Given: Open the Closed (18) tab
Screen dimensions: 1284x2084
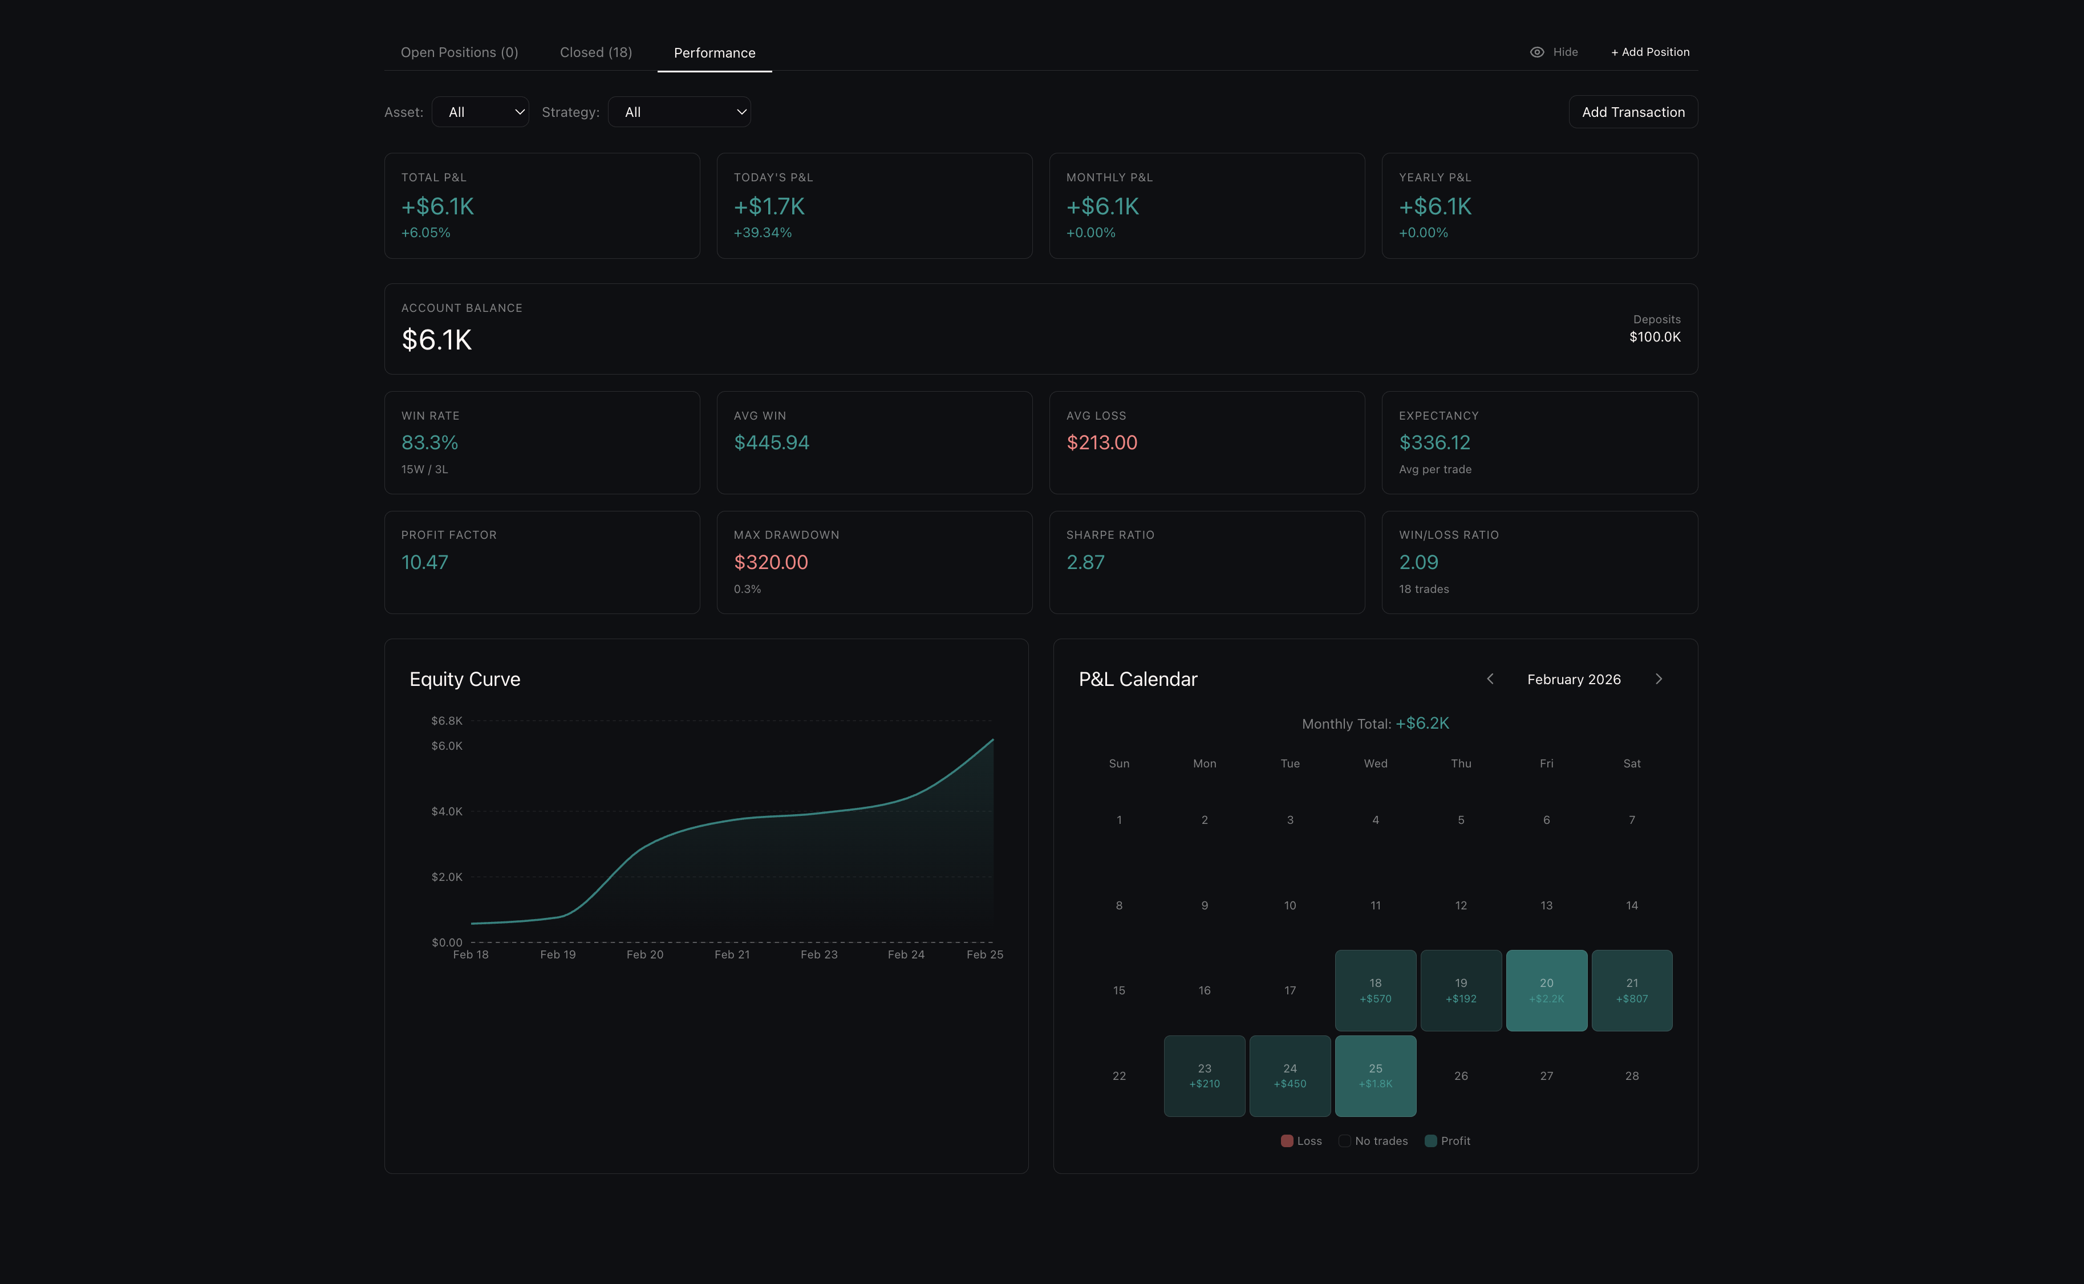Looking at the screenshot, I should pyautogui.click(x=595, y=52).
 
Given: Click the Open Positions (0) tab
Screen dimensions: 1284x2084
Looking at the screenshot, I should pyautogui.click(x=459, y=52).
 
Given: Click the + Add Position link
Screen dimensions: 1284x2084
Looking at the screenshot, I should pyautogui.click(x=1649, y=52).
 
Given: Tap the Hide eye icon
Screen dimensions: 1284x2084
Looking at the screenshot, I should pyautogui.click(x=1536, y=52).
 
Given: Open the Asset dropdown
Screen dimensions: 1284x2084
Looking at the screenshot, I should pyautogui.click(x=480, y=112).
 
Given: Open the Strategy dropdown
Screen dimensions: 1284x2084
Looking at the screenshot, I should pyautogui.click(x=679, y=112).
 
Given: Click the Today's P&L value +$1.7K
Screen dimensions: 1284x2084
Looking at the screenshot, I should pyautogui.click(x=769, y=206).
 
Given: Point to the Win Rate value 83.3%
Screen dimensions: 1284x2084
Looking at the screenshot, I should pyautogui.click(x=429, y=442).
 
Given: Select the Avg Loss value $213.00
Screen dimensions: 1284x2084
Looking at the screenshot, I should pyautogui.click(x=1101, y=442).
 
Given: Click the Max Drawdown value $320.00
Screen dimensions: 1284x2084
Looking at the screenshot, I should pyautogui.click(x=771, y=562).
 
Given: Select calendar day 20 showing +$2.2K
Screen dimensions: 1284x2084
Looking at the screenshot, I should pyautogui.click(x=1546, y=990).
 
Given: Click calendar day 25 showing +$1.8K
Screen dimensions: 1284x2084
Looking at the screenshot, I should pyautogui.click(x=1375, y=1075).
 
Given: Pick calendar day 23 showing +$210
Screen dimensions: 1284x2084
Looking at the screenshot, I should pyautogui.click(x=1203, y=1075).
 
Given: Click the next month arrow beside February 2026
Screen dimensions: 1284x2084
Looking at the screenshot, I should pyautogui.click(x=1658, y=678).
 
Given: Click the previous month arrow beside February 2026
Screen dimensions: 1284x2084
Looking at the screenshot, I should pyautogui.click(x=1490, y=678).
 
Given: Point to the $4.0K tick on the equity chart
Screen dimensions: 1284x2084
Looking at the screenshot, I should pyautogui.click(x=447, y=811).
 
